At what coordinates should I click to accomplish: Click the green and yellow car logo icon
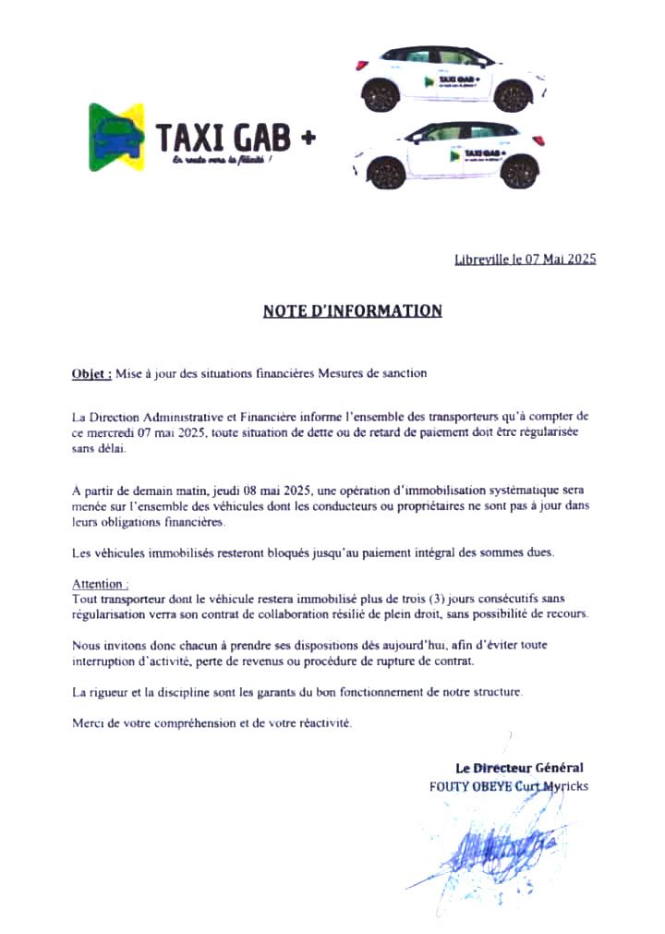pyautogui.click(x=117, y=136)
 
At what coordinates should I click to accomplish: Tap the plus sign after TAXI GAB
pyautogui.click(x=308, y=139)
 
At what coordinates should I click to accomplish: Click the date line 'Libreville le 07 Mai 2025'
pyautogui.click(x=526, y=260)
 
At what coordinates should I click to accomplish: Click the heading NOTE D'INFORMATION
pyautogui.click(x=352, y=311)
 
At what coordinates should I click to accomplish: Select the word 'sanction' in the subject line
pyautogui.click(x=403, y=374)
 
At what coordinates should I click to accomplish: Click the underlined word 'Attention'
pyautogui.click(x=100, y=585)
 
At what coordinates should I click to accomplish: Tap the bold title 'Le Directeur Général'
pyautogui.click(x=519, y=768)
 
